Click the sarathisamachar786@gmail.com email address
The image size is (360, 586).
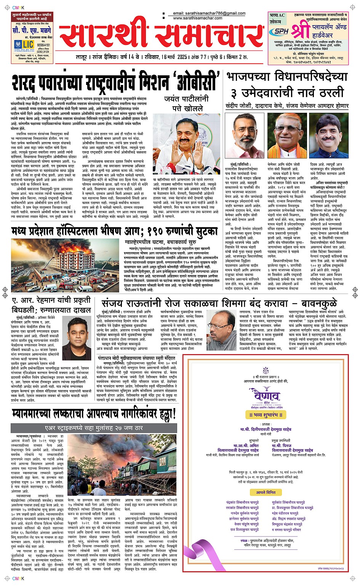(x=209, y=13)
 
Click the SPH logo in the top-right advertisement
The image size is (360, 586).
(x=281, y=32)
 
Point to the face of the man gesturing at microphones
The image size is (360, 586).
(x=186, y=136)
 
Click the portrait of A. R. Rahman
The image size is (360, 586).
(x=78, y=334)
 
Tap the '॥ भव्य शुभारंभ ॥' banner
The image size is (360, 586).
(x=266, y=415)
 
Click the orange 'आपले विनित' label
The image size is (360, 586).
(x=266, y=492)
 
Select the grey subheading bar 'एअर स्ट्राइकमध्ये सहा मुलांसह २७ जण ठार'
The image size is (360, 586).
(x=94, y=428)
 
